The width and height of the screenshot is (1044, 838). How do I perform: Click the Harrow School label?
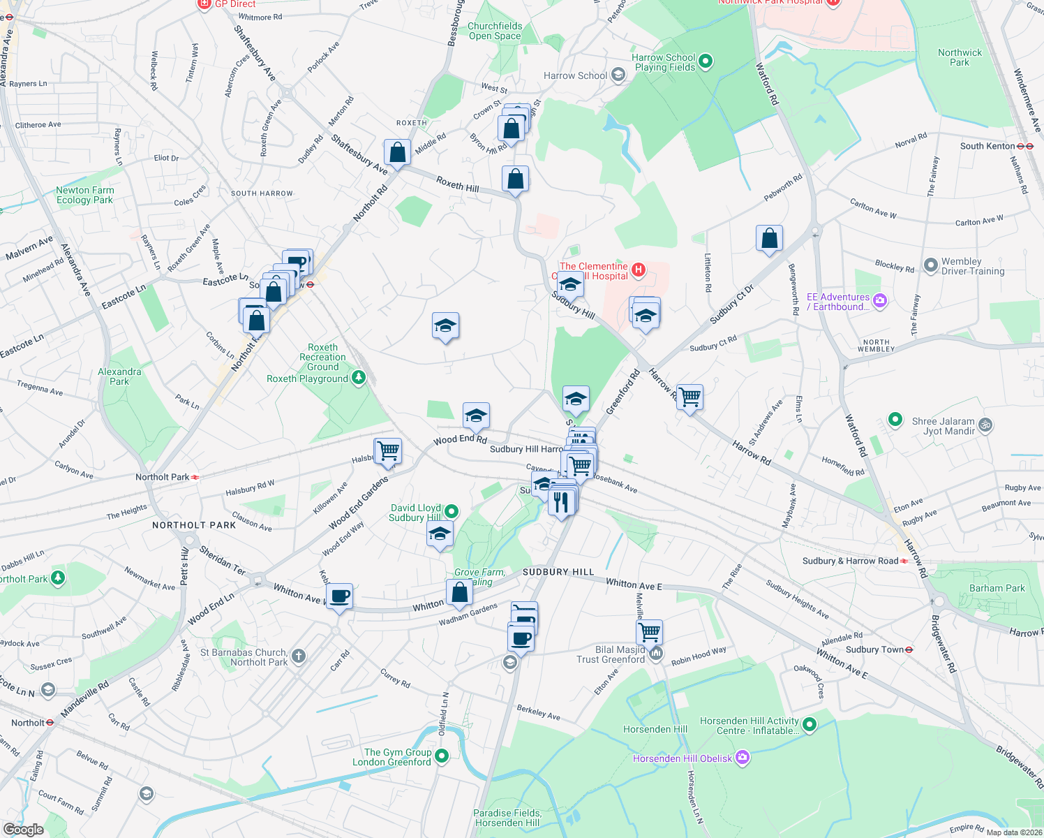575,75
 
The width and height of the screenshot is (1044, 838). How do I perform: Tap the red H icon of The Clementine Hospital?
638,270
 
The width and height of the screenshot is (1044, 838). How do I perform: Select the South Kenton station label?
987,146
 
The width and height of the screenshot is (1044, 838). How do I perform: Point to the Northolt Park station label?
163,477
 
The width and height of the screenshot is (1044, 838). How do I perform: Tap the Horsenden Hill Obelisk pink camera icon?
743,758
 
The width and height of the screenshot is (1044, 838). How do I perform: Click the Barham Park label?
997,588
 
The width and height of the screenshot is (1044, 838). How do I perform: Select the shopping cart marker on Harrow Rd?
689,397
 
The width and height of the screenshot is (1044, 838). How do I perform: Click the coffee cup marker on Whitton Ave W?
339,596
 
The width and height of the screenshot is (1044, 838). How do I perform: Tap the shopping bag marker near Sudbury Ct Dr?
769,238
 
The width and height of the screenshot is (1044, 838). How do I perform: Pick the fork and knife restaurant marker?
561,501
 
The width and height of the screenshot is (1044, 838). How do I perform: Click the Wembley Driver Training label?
973,266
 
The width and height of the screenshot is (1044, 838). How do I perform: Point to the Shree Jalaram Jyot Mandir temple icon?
985,425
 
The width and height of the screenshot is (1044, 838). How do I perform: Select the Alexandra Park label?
119,376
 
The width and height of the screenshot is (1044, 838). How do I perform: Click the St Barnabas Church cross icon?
299,656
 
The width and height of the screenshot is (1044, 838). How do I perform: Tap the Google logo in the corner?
23,830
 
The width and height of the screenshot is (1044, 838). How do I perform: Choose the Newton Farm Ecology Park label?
84,195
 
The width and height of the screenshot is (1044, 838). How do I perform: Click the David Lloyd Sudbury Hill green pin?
452,511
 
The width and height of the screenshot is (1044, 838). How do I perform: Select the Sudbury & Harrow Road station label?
850,561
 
